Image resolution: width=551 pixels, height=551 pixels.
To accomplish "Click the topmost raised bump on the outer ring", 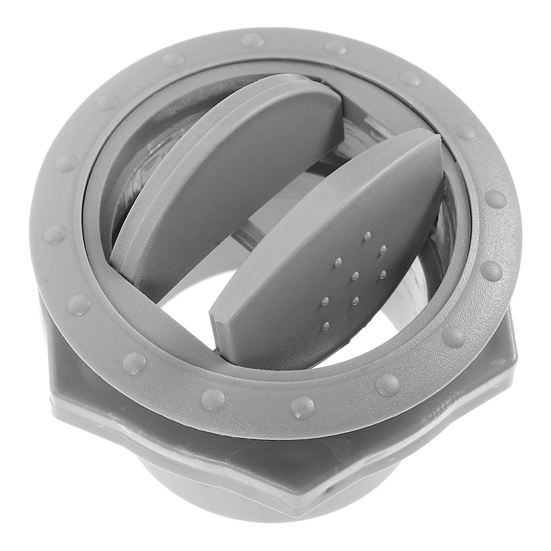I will click(x=252, y=40).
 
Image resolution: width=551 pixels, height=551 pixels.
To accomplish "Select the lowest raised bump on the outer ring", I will click(x=302, y=407).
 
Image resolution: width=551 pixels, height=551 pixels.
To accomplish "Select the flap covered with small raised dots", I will click(x=330, y=258).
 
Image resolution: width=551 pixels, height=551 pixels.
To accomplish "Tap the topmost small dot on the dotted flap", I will click(x=367, y=236).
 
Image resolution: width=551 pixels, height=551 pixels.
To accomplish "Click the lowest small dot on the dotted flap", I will click(x=326, y=326).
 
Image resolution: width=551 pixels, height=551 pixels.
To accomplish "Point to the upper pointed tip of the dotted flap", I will click(x=432, y=137).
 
